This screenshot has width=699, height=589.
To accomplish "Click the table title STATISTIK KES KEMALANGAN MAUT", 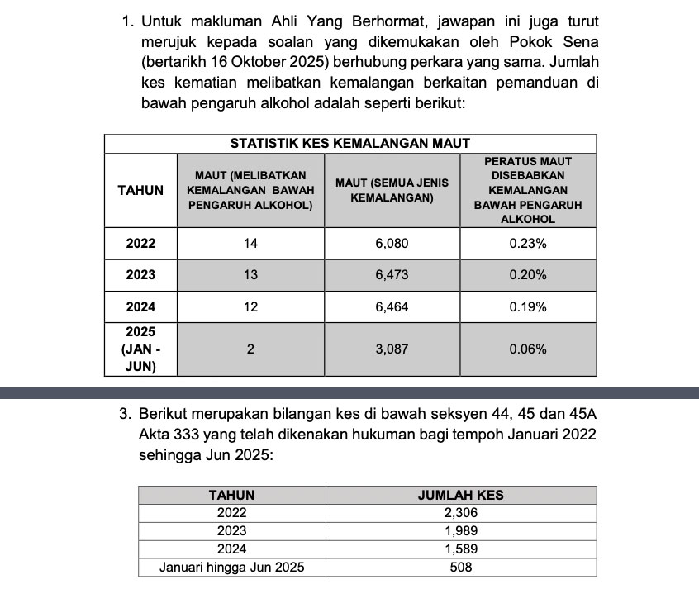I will click(349, 144).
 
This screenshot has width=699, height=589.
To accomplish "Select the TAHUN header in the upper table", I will click(140, 190).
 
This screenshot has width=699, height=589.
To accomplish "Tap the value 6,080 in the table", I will click(392, 244).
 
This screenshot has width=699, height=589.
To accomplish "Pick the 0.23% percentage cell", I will click(527, 244).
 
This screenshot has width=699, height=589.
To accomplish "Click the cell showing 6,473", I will click(392, 275).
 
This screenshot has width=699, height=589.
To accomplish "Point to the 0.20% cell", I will click(527, 275).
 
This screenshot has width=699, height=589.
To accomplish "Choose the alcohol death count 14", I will click(250, 244).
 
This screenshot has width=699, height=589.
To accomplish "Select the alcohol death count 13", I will click(250, 275).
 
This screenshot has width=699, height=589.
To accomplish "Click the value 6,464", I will click(392, 307).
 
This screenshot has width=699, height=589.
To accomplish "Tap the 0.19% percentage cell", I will click(527, 307).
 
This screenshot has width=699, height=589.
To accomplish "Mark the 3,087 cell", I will click(392, 349).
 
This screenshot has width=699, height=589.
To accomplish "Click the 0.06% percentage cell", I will click(527, 349).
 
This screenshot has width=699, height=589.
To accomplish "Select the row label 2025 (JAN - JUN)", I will click(140, 349).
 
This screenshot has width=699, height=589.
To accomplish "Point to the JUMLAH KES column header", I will click(461, 496).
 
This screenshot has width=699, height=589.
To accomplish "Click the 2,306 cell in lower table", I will click(461, 513).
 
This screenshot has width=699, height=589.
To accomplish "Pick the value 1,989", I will click(461, 531).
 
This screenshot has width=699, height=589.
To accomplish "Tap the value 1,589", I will click(461, 549).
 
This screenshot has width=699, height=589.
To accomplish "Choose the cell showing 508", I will click(461, 568).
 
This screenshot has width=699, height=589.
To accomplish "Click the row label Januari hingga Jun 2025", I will click(231, 568).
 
